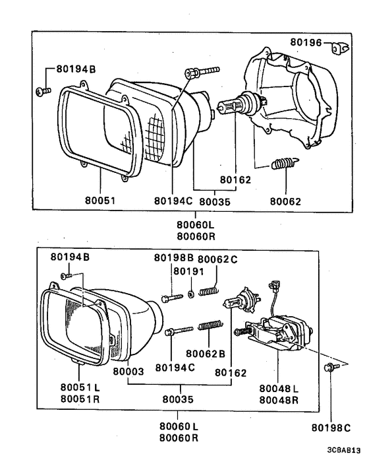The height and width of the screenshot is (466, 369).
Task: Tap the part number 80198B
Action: tap(173, 258)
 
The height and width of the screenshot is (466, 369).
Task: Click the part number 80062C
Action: tap(217, 258)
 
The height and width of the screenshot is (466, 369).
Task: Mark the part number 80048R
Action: tap(279, 399)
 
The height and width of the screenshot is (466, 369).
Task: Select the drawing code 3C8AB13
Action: tap(342, 451)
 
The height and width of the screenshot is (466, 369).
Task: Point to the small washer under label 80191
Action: tap(190, 292)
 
